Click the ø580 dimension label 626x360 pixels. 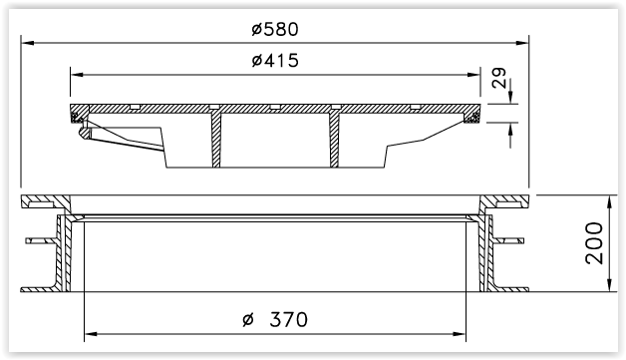[x=275, y=29]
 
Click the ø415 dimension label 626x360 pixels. [x=275, y=61]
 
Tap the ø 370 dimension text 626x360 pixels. [x=275, y=320]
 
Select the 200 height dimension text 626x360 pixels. [x=594, y=243]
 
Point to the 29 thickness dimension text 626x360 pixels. [x=499, y=78]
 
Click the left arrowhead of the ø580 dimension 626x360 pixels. [x=27, y=43]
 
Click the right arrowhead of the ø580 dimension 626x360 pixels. [x=522, y=43]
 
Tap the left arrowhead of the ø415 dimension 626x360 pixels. [x=77, y=75]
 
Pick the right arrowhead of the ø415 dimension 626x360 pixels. [x=473, y=75]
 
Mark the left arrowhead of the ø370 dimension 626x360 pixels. [x=91, y=334]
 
